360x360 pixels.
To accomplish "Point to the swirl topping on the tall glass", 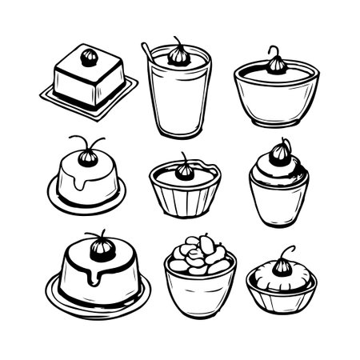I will [x=178, y=56].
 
